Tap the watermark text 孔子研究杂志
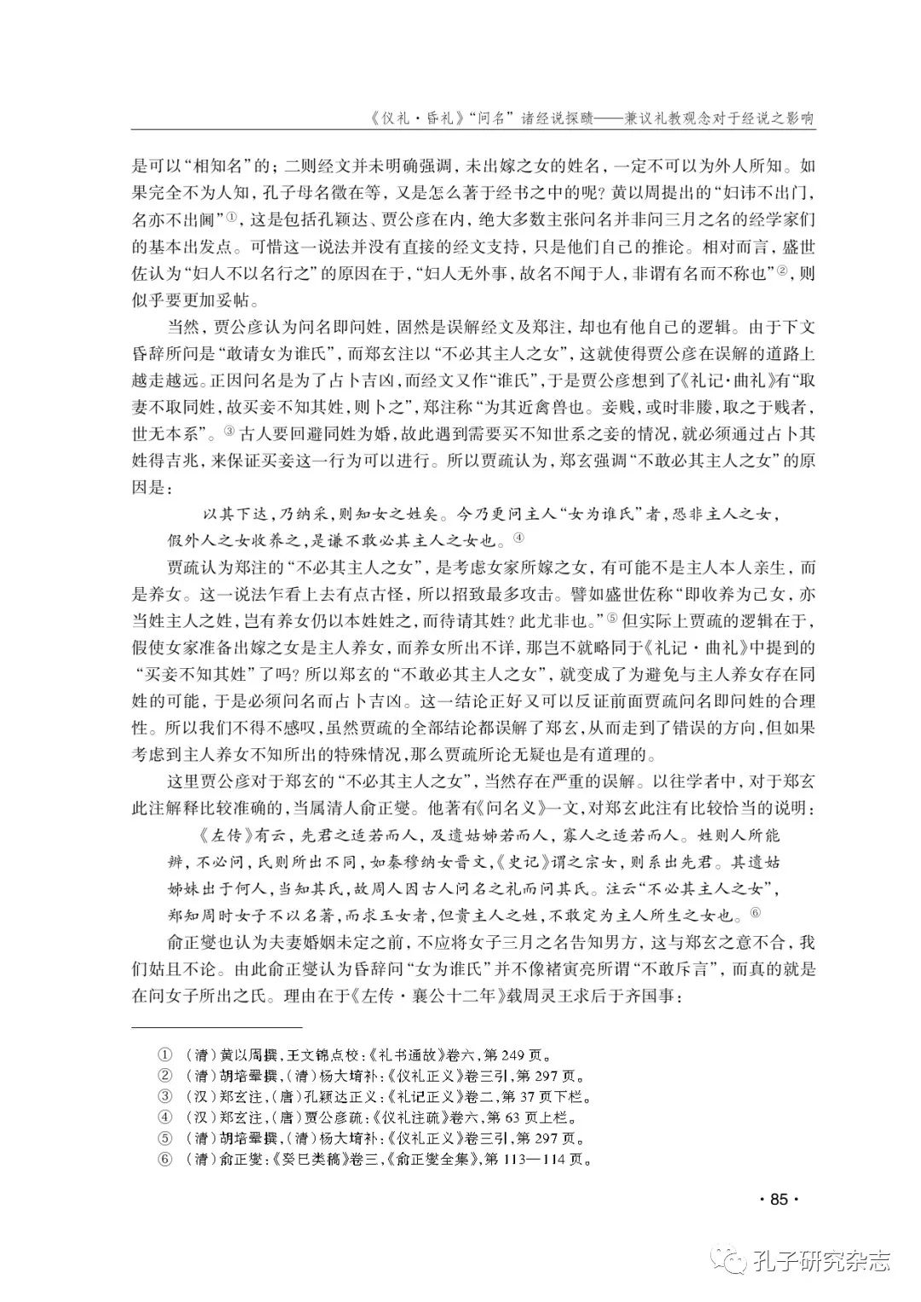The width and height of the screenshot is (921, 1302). (821, 1261)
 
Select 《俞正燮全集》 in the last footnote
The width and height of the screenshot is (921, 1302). (408, 1160)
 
